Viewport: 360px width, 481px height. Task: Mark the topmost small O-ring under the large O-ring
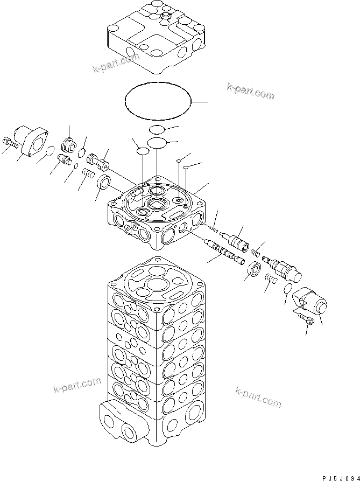pos(157,129)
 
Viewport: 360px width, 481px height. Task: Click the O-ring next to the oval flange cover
pos(49,151)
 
